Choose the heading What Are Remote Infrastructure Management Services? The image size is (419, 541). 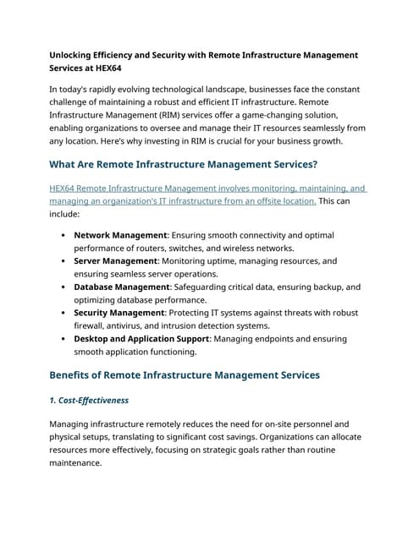pos(184,164)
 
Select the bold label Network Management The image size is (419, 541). pos(120,235)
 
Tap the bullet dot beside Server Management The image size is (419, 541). pos(64,261)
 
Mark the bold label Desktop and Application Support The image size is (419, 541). pos(141,339)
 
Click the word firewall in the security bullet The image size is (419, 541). pos(93,325)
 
